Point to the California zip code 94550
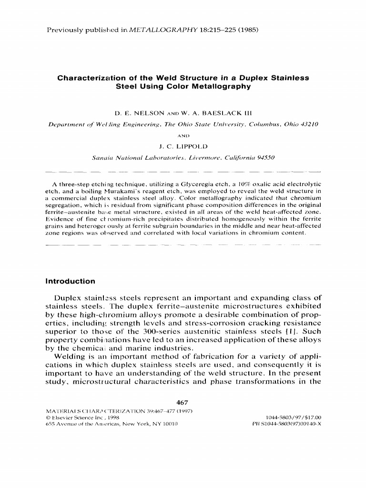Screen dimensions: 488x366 click(263, 158)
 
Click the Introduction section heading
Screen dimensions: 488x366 click(69, 281)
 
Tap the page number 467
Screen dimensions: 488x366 click(183, 403)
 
